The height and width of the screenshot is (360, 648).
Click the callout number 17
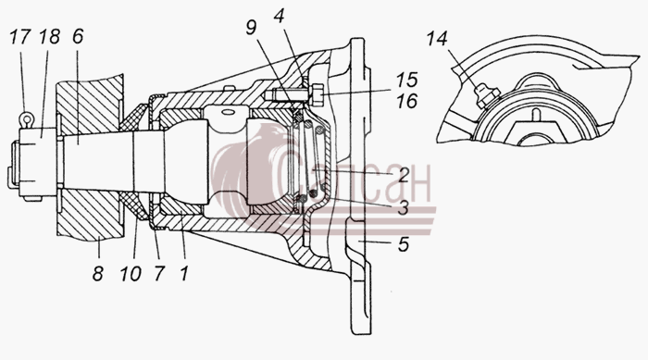(x=20, y=37)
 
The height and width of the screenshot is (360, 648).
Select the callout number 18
(x=50, y=37)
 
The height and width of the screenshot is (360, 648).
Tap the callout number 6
(x=78, y=37)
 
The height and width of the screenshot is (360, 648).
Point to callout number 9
(x=251, y=28)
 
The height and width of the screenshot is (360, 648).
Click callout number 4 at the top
(x=280, y=17)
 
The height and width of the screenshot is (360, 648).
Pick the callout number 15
(x=407, y=81)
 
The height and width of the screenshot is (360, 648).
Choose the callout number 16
(x=407, y=101)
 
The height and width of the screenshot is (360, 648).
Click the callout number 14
(x=437, y=39)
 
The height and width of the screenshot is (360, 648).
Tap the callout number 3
(x=404, y=207)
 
